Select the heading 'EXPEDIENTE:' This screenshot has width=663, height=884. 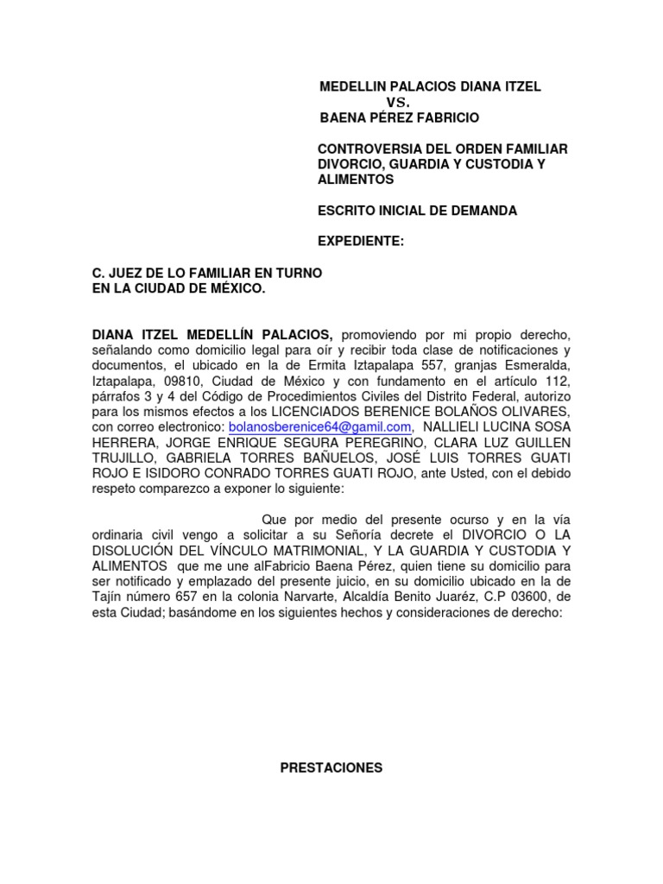(x=362, y=242)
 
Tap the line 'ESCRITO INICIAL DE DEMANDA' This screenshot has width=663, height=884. (x=418, y=211)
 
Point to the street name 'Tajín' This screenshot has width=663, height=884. (x=111, y=597)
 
